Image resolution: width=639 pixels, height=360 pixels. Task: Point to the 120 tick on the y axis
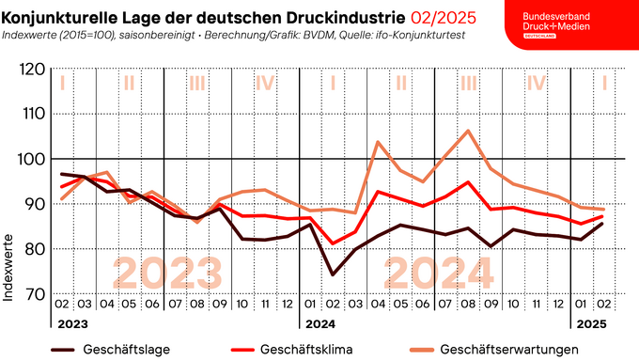tap(33, 70)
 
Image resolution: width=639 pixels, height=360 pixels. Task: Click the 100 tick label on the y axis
tap(33, 159)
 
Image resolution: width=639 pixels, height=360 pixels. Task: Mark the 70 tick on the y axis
tap(33, 294)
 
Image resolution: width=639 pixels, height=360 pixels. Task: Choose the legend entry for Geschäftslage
tap(118, 350)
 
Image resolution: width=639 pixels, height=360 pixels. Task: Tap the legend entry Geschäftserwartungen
tap(513, 350)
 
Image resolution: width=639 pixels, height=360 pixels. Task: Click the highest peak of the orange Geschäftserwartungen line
tap(468, 131)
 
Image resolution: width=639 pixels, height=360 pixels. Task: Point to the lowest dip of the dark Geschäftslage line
tap(333, 274)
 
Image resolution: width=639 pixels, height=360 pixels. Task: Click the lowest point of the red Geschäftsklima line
tap(333, 243)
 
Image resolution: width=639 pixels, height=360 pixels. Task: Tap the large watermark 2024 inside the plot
tap(434, 272)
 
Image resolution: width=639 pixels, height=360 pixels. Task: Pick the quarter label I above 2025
tap(603, 83)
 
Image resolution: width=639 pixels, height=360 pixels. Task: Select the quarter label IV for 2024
tap(536, 83)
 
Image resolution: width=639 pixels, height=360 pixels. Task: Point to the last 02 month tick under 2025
tap(603, 305)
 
